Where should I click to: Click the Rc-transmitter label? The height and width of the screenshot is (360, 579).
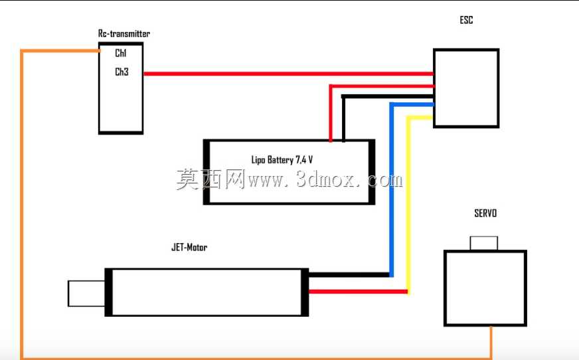(x=124, y=34)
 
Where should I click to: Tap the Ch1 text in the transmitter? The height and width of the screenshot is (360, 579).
(x=121, y=53)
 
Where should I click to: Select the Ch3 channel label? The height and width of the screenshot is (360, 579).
(x=122, y=72)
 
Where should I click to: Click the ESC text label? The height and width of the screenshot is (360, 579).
(x=466, y=20)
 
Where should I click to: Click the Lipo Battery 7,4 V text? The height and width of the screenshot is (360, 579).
(x=282, y=159)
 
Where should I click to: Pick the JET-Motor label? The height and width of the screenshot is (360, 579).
(x=189, y=247)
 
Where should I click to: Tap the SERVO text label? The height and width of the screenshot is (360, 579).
(x=485, y=213)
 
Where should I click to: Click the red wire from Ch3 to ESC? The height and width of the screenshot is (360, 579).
(x=288, y=74)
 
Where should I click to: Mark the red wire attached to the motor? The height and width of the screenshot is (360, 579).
(x=358, y=292)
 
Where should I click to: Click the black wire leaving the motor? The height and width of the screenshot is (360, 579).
(x=349, y=275)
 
